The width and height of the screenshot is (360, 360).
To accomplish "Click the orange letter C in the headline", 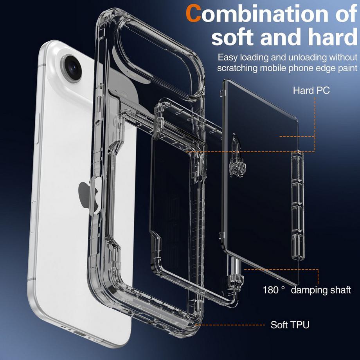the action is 194,13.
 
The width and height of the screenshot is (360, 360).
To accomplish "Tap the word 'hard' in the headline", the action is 333,37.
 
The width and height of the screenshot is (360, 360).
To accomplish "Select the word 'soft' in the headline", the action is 233,37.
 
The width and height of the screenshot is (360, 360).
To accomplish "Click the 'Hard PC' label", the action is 311,90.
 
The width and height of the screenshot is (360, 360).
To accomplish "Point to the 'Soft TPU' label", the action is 290,325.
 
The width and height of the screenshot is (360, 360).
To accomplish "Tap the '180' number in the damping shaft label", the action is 270,290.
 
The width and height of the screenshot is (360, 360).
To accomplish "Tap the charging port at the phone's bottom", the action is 79,333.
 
